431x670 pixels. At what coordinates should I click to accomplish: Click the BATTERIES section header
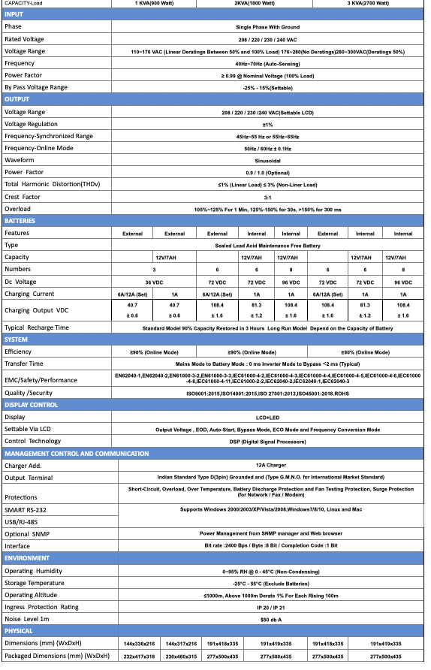click(x=20, y=221)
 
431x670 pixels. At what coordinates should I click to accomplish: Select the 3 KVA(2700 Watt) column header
click(x=367, y=4)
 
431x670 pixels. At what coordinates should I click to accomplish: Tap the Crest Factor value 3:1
click(x=267, y=197)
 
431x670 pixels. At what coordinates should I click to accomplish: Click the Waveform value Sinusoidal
click(x=267, y=160)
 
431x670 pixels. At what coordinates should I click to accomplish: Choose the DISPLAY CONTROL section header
click(x=31, y=405)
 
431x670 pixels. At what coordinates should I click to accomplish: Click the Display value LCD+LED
click(x=267, y=417)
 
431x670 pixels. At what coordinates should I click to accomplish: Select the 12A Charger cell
click(x=267, y=466)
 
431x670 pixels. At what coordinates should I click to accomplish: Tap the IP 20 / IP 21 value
click(x=267, y=606)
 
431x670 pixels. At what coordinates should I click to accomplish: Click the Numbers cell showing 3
click(x=154, y=269)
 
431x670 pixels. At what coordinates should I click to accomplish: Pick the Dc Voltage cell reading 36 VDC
click(x=154, y=281)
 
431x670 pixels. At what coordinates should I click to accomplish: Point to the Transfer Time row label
click(x=24, y=364)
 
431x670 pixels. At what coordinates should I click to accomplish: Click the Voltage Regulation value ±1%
click(x=267, y=124)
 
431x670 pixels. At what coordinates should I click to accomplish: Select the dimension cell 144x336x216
click(x=139, y=644)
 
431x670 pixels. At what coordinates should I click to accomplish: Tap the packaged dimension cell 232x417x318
click(x=139, y=656)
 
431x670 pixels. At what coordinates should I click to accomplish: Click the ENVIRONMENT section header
click(x=27, y=558)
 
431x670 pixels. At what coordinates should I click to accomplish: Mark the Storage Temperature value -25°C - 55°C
click(x=267, y=582)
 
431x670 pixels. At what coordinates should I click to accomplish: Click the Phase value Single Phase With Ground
click(x=267, y=26)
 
